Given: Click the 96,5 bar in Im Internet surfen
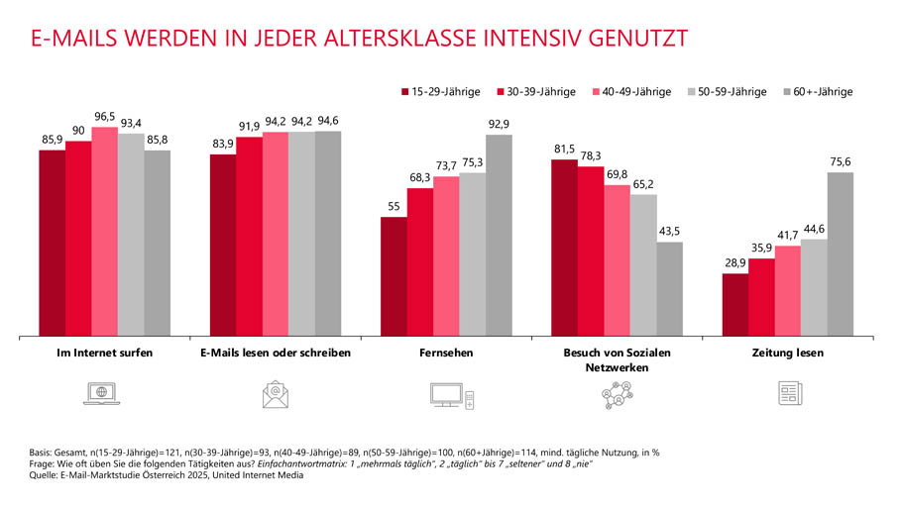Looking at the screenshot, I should pyautogui.click(x=105, y=232).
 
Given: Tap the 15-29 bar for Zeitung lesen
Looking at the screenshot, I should pyautogui.click(x=734, y=305).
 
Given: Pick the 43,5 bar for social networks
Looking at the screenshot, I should pyautogui.click(x=670, y=289).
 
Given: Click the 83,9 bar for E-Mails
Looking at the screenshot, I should pyautogui.click(x=222, y=246).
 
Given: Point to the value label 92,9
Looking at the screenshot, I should pyautogui.click(x=500, y=124).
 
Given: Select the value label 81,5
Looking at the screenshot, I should pyautogui.click(x=564, y=149).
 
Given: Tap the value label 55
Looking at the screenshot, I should pyautogui.click(x=395, y=206).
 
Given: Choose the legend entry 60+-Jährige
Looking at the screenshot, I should pyautogui.click(x=822, y=91).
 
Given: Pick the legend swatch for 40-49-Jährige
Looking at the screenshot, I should pyautogui.click(x=596, y=91).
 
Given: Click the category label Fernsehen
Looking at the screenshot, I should pyautogui.click(x=447, y=353).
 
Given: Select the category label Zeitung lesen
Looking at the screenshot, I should pyautogui.click(x=788, y=353).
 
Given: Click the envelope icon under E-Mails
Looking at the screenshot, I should pyautogui.click(x=276, y=394).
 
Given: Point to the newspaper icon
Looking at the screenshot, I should pyautogui.click(x=789, y=394).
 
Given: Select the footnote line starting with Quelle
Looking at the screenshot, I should pyautogui.click(x=168, y=476).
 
